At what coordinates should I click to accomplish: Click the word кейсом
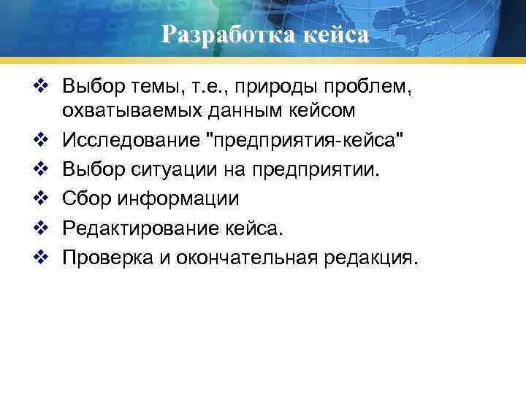click(x=319, y=112)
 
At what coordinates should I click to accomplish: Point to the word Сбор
click(x=85, y=197)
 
